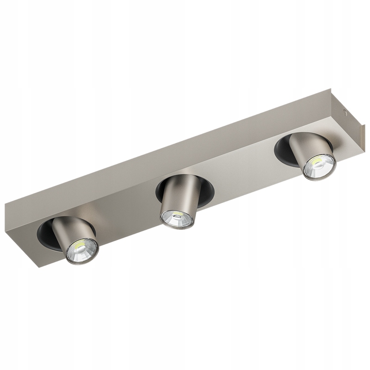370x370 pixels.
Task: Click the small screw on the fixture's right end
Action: click(344, 111)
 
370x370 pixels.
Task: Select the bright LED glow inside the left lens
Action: click(79, 247)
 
